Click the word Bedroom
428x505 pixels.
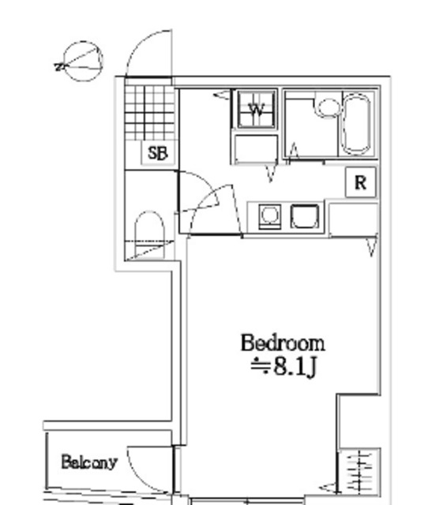[x=282, y=343]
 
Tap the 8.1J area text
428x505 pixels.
[x=283, y=368]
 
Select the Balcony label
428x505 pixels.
[x=89, y=462]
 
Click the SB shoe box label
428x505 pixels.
[x=158, y=152]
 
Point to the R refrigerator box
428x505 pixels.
[x=361, y=183]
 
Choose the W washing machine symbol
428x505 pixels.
[x=256, y=111]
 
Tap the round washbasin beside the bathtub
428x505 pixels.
[x=325, y=107]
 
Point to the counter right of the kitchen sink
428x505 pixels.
[x=351, y=217]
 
